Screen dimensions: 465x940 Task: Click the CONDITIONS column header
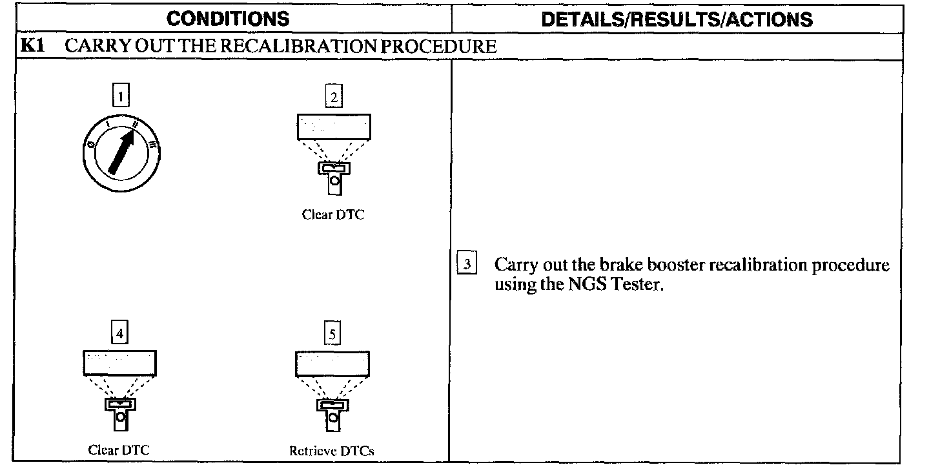click(228, 19)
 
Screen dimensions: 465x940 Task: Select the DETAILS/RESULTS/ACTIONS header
click(677, 19)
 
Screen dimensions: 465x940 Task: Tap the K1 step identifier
click(32, 46)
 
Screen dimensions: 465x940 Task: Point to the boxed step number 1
click(120, 96)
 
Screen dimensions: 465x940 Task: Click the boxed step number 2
click(333, 97)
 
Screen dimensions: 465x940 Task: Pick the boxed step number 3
click(467, 265)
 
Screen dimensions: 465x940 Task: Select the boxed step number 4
click(119, 333)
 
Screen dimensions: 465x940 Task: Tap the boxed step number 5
click(332, 333)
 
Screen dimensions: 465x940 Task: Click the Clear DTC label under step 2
click(333, 215)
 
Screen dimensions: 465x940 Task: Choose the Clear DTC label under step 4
click(119, 449)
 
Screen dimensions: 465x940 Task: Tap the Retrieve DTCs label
click(332, 451)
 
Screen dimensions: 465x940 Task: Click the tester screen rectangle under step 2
click(334, 127)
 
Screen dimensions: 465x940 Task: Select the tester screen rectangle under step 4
click(119, 362)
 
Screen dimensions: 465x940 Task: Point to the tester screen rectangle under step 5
click(332, 364)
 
